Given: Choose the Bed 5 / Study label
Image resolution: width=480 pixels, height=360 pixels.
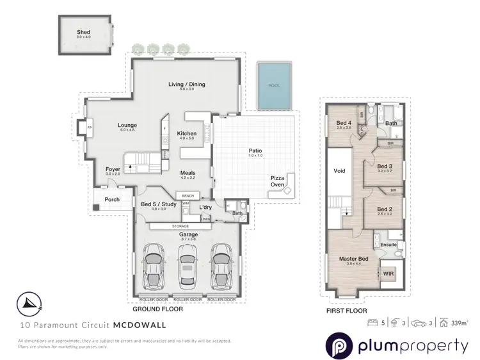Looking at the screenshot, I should [154, 204].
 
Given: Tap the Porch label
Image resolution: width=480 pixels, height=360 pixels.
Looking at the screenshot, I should [113, 199].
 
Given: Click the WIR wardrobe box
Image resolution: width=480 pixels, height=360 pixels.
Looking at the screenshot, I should [388, 274].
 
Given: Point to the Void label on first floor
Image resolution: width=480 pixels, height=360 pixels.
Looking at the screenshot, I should [340, 172].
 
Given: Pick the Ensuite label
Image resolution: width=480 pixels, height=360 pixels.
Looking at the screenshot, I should [389, 244].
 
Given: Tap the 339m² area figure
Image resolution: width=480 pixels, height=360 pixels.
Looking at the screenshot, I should [460, 323].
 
